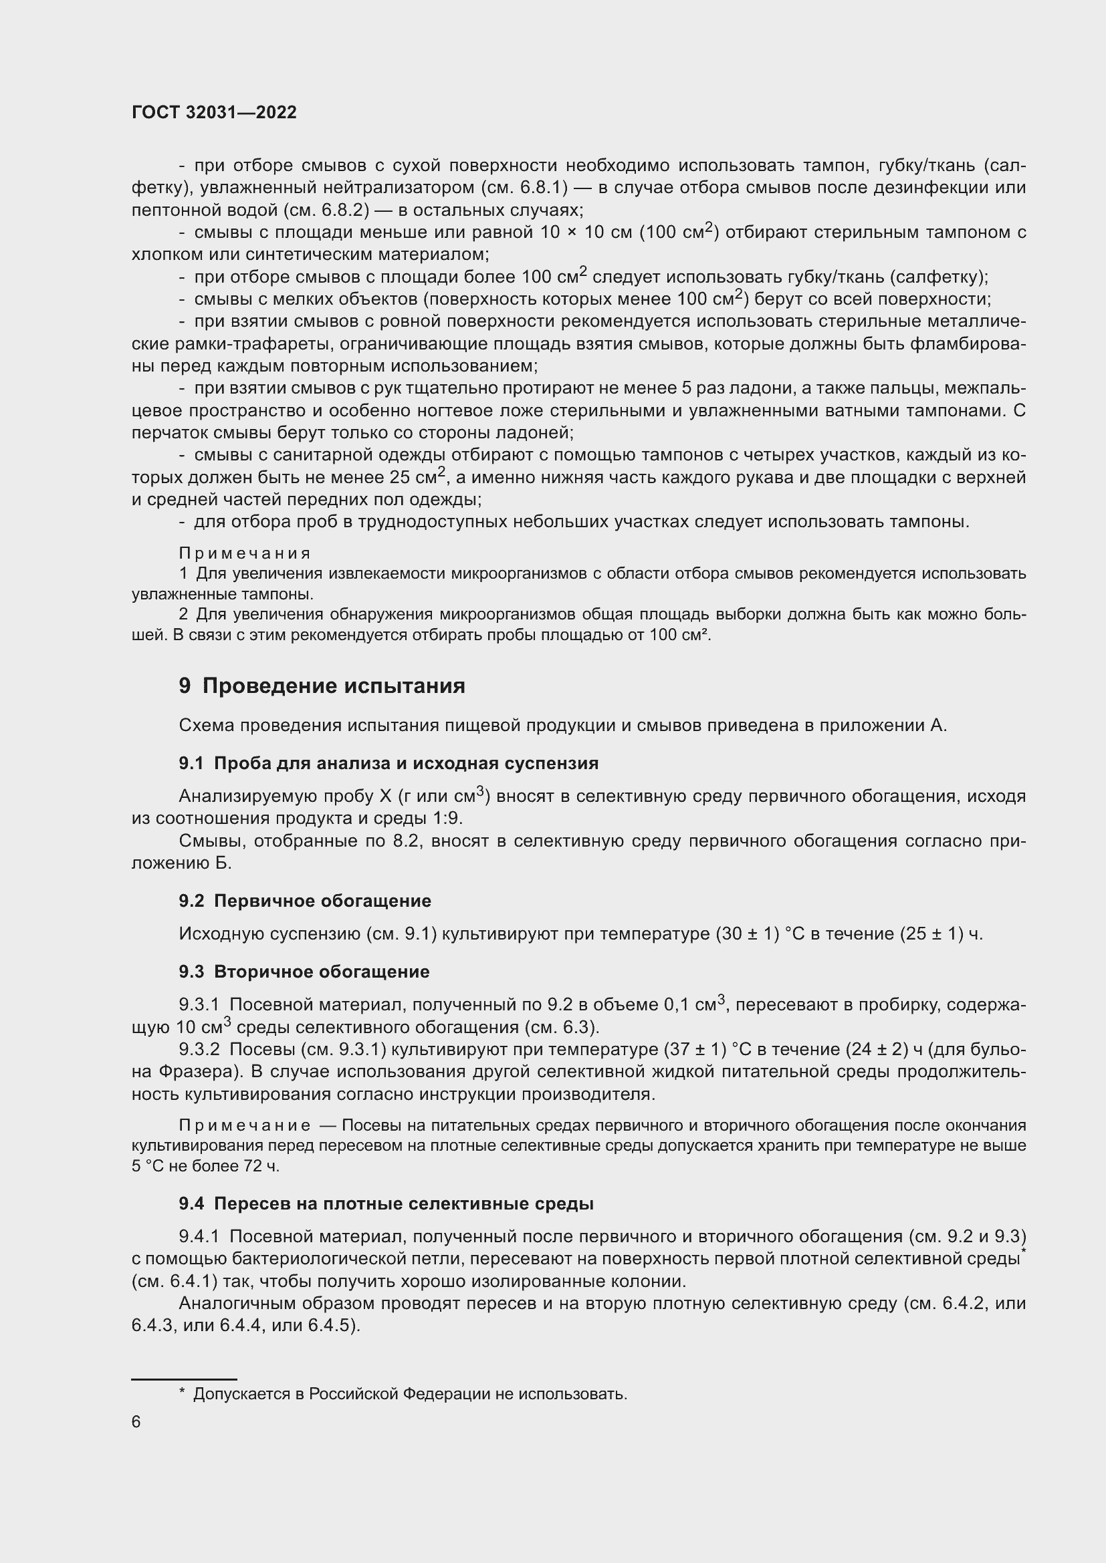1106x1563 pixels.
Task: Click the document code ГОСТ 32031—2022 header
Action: click(214, 112)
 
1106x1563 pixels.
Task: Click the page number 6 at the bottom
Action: click(136, 1421)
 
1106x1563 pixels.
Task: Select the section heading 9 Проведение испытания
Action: click(322, 686)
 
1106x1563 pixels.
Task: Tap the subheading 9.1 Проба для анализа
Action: click(389, 763)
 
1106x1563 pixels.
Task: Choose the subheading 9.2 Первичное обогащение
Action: click(305, 901)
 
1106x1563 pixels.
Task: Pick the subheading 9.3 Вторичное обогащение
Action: click(304, 972)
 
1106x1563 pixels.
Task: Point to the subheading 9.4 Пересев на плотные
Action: click(386, 1203)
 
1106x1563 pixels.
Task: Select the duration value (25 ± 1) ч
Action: click(942, 934)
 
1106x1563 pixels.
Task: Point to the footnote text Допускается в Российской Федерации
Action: click(409, 1394)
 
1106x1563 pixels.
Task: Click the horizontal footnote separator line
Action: click(184, 1374)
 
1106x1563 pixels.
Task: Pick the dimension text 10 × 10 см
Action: click(586, 233)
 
